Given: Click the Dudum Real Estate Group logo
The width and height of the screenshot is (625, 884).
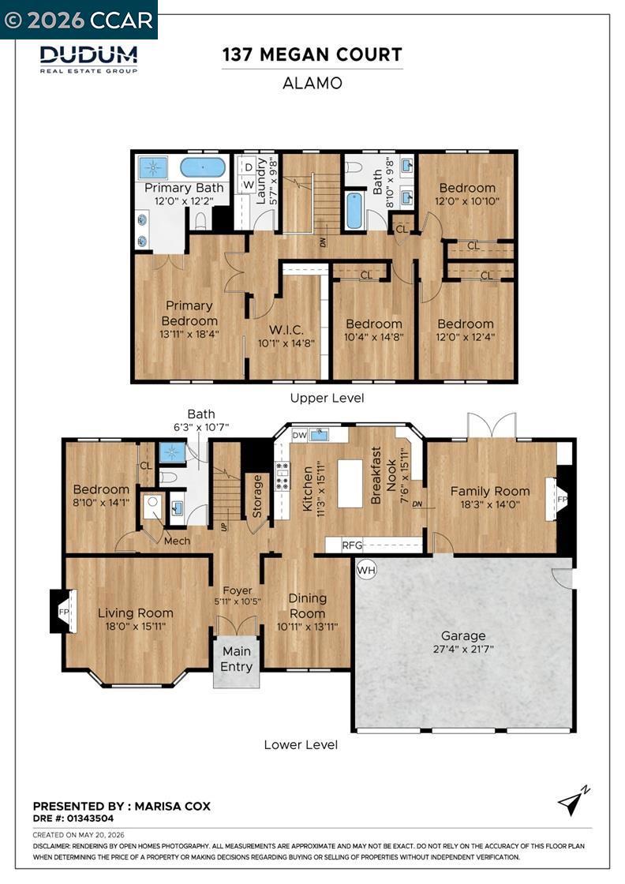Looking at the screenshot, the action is pos(88,59).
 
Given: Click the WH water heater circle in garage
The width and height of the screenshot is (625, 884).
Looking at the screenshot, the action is pos(366,570).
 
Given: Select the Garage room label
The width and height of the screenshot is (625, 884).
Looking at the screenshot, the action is pos(463,635).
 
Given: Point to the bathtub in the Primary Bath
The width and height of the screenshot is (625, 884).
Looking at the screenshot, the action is pos(203,167).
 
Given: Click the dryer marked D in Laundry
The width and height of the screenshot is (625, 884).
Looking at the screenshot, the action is pos(249,167).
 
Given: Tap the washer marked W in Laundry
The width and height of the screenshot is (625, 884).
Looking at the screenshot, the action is pos(249,185).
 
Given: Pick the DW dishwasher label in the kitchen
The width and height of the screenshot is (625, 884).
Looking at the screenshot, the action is pos(300,435).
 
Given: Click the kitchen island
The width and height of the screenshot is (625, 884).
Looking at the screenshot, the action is pos(350,484).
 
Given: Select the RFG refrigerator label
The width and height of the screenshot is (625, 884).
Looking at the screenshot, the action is pos(352,545).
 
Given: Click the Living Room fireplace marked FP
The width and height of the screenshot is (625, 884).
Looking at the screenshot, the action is pos(63,612).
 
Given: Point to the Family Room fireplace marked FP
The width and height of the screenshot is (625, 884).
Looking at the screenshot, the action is pos(560,499).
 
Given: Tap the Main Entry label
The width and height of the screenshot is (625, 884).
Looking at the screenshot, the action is pos(236,659).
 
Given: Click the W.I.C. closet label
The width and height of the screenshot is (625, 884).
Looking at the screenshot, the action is pos(286,330).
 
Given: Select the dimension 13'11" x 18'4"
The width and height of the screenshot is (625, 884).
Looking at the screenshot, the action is pos(189,334).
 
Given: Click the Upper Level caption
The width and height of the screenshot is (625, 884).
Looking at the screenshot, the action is pos(327,398).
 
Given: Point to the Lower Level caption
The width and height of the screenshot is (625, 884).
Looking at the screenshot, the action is pos(301,745).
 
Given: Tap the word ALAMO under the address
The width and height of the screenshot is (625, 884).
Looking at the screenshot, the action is pos(312,84).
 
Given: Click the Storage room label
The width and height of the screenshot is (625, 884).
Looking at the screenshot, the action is pos(257,496).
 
